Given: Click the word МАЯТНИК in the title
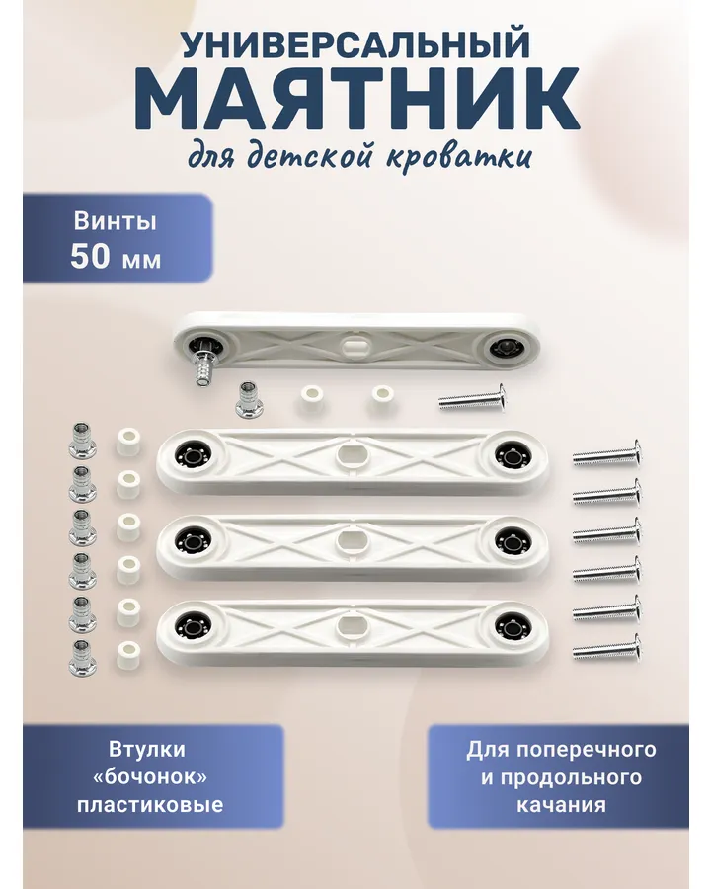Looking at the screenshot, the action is [357, 100].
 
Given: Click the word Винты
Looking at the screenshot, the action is [116, 221].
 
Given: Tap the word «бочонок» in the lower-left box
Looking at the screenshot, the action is [150, 776].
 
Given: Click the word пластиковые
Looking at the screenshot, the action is [150, 805].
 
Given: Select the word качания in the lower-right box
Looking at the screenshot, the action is [561, 805].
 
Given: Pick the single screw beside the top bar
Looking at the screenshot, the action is [472, 399].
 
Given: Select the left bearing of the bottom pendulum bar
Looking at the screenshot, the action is [189, 626].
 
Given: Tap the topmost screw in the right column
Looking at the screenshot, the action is [606, 453].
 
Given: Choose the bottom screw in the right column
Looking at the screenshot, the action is [606, 648].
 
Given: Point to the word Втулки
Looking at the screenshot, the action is [147, 750].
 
